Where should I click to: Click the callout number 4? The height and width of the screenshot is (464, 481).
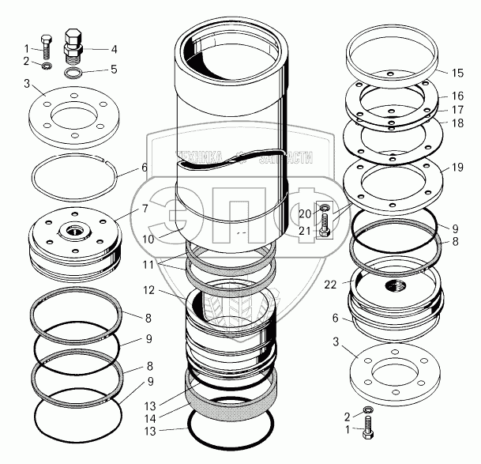[x=114, y=49]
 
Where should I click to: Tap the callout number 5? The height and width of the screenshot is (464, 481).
[x=114, y=69]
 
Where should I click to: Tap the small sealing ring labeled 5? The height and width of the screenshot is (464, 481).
[x=73, y=74]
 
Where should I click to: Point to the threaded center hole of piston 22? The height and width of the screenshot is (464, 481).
[x=393, y=282]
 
